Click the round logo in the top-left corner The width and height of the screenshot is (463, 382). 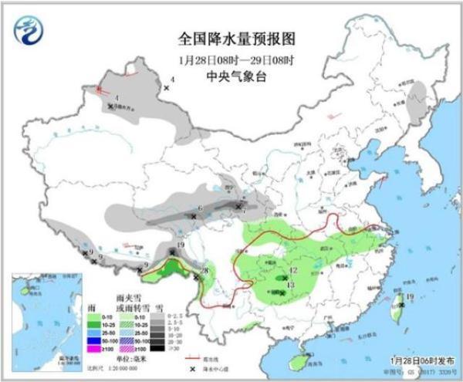pyautogui.click(x=28, y=32)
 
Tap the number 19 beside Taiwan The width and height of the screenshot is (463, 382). pyautogui.click(x=411, y=296)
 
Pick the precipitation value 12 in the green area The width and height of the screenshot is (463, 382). pyautogui.click(x=294, y=269)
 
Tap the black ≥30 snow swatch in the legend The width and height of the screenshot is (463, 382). pyautogui.click(x=157, y=348)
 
